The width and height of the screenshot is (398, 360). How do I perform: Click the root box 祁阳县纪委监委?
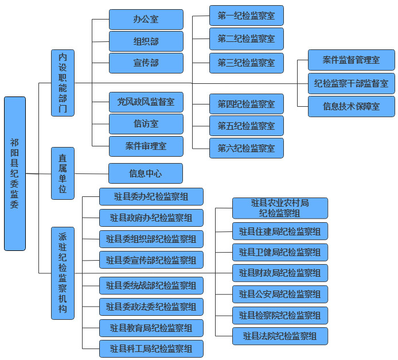pos(15,173)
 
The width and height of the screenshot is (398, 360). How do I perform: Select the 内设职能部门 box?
pos(63,83)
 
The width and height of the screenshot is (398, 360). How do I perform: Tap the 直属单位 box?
pos(63,173)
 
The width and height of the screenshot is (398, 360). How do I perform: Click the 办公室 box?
pos(146,20)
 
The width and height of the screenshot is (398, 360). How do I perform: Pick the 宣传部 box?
pos(146,63)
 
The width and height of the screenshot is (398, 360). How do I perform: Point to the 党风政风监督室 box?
pos(146,103)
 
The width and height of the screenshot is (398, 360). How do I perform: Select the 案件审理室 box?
pos(146,146)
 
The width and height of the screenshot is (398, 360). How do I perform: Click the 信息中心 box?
pos(146,173)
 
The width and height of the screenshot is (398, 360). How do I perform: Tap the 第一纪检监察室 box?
pos(246,16)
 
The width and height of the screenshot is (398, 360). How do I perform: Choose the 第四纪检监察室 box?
pos(246,104)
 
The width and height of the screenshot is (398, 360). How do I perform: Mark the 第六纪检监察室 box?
pos(246,148)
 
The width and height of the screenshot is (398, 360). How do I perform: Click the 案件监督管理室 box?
pos(351,60)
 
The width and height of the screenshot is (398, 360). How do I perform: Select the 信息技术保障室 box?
pos(351,107)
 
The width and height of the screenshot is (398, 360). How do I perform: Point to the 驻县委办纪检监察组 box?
pos(151,197)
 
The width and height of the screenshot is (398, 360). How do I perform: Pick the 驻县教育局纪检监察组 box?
pos(151,328)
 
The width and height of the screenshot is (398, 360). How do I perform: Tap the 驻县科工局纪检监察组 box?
pos(151,349)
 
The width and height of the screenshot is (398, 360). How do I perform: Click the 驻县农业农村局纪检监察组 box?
pos(280,208)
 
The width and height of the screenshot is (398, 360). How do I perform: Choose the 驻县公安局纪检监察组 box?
pos(280,295)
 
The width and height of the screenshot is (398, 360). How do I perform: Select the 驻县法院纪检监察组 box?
pos(280,336)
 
